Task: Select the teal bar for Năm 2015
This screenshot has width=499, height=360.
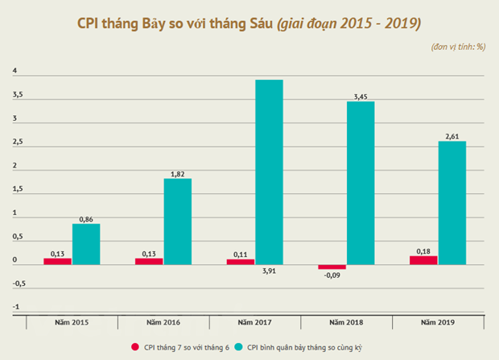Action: [x=86, y=244]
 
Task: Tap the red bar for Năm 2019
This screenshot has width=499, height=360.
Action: [x=423, y=260]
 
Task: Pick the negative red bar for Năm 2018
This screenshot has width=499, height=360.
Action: [x=332, y=267]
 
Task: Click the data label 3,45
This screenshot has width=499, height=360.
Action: [x=361, y=97]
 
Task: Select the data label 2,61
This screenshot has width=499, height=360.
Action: [x=452, y=136]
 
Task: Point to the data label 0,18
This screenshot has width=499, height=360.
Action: [x=424, y=250]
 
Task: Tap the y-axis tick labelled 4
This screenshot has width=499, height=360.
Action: [x=14, y=72]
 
